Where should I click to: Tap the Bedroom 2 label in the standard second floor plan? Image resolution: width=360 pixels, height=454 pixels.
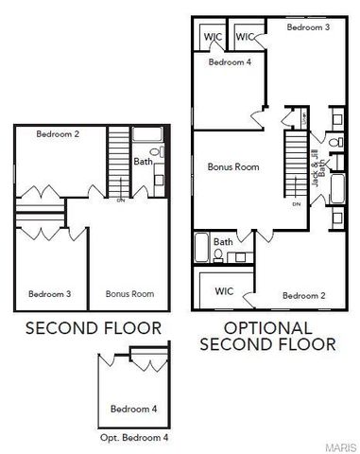[58, 134]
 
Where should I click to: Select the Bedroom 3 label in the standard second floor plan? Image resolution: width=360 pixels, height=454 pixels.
[49, 293]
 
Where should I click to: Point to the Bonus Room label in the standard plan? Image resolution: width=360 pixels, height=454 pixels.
[129, 293]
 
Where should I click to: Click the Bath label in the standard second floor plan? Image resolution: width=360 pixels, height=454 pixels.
[143, 162]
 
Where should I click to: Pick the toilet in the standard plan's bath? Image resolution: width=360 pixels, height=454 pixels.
[157, 151]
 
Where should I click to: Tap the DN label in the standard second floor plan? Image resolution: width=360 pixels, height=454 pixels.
[120, 200]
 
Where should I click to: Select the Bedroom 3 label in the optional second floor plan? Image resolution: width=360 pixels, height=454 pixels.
[308, 28]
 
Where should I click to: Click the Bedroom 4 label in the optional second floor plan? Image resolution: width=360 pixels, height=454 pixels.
[230, 62]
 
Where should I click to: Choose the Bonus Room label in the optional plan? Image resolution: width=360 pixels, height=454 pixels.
[233, 166]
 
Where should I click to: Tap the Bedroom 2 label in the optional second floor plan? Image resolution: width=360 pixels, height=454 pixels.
[304, 295]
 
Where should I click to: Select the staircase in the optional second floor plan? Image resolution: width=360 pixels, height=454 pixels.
[298, 165]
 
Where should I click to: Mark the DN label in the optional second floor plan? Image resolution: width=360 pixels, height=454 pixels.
[297, 204]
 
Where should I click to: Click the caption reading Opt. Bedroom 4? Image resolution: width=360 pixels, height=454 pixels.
[134, 438]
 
